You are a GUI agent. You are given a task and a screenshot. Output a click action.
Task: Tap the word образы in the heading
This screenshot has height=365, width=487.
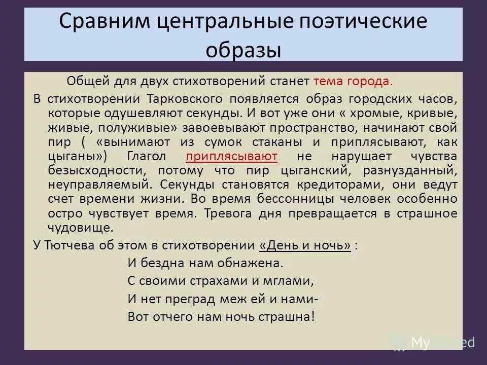pos(243,49)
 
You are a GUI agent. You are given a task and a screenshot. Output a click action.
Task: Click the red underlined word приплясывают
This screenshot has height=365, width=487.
pos(232,156)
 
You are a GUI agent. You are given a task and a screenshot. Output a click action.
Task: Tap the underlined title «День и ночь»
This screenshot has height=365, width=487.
pos(305,245)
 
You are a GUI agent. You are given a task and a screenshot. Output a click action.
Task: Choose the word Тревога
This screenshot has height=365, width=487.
pos(228,213)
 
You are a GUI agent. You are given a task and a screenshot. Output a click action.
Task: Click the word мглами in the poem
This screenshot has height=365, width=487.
pos(283,280)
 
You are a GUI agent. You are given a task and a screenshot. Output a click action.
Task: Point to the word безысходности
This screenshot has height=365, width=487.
pos(91,170)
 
